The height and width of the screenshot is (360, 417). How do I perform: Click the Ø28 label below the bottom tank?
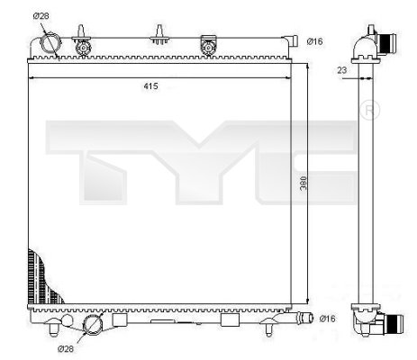click(65, 347)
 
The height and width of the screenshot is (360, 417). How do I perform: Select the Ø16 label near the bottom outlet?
click(327, 319)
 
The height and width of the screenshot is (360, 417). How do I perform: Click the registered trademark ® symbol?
click(369, 111)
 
